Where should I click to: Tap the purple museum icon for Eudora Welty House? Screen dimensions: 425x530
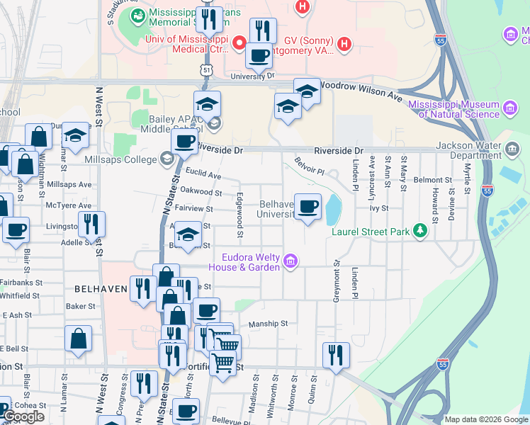click(290, 262)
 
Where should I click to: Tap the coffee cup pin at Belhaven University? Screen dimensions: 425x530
click(308, 207)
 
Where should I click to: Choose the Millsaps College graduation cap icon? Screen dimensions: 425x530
click(167, 159)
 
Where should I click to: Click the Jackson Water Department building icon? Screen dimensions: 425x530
click(512, 150)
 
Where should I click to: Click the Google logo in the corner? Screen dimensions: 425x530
click(23, 416)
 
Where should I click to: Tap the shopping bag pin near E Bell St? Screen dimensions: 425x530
click(78, 339)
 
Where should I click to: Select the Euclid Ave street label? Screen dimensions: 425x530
click(203, 174)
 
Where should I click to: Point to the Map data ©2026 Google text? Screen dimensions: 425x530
click(485, 419)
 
